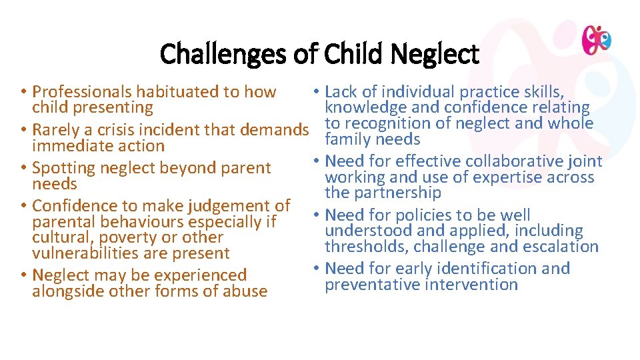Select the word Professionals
pos(83,92)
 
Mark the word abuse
pos(245,291)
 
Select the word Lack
pos(341,92)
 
